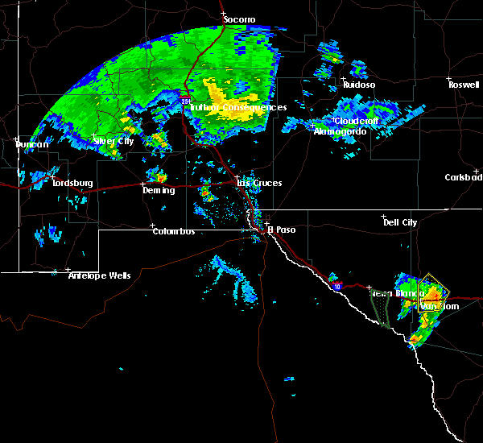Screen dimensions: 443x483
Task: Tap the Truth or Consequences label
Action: (239, 107)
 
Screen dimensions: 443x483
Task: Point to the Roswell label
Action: (464, 84)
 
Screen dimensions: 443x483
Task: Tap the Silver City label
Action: (114, 141)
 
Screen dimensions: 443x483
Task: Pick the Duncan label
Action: (32, 144)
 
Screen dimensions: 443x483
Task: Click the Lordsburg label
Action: (72, 183)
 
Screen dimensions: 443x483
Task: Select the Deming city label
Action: (158, 190)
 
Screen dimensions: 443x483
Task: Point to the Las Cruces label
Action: (259, 183)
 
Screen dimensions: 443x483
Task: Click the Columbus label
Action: (174, 231)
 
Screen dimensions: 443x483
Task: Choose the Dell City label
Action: (400, 222)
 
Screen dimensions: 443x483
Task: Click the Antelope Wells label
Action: (99, 275)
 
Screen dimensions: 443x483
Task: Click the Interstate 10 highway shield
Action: (336, 286)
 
